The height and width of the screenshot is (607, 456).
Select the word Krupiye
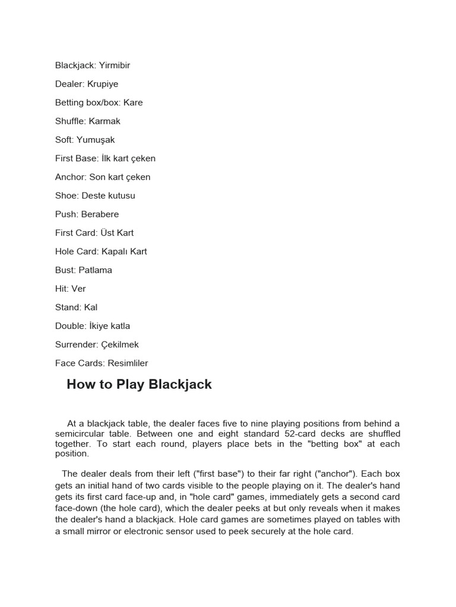(103, 84)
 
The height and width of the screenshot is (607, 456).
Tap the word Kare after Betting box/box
(133, 103)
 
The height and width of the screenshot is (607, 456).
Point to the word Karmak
(104, 121)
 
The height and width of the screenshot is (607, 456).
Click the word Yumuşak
(96, 140)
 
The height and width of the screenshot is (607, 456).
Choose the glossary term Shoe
(66, 196)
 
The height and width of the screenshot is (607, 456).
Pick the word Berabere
(100, 214)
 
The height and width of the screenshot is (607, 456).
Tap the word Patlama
(95, 270)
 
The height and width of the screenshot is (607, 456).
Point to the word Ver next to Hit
(78, 289)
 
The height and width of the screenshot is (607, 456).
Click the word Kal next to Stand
(91, 308)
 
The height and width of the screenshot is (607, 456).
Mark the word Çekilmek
(121, 344)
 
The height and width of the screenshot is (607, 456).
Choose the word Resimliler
(128, 363)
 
